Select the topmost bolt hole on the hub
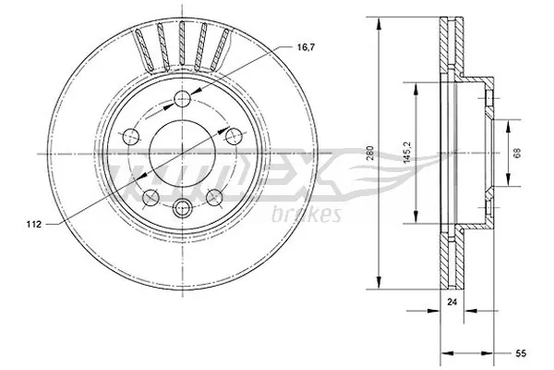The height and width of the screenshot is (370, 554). click(184, 100)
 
